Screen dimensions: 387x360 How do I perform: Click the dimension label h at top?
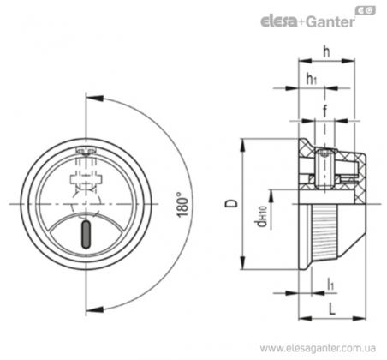[x=326, y=52]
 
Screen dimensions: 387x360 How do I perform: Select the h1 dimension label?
[x=312, y=79]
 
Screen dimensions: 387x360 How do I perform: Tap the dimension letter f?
[x=324, y=111]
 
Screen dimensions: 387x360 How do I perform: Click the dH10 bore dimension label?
[x=262, y=217]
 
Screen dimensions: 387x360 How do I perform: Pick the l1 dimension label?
[x=330, y=285]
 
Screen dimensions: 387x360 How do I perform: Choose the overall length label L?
[x=331, y=309]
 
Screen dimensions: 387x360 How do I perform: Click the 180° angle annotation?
[x=182, y=205]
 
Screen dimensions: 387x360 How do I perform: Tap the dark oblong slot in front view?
[x=86, y=234]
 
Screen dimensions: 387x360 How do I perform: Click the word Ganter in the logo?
[x=330, y=21]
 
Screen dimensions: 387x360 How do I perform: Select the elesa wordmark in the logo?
[x=278, y=21]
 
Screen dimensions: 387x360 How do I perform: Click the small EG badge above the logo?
[x=366, y=10]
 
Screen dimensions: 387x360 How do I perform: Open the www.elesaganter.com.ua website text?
[x=318, y=349]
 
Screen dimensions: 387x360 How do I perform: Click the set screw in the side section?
[x=324, y=169]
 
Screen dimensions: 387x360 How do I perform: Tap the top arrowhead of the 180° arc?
[x=94, y=98]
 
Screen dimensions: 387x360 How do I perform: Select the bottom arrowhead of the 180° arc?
[x=94, y=309]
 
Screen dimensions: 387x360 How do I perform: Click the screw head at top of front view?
[x=86, y=151]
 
